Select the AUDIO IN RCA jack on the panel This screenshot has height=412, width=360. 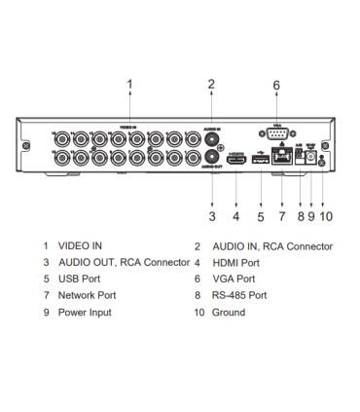click(x=211, y=139)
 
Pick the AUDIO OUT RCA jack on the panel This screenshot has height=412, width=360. click(x=211, y=158)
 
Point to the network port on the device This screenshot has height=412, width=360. click(x=282, y=159)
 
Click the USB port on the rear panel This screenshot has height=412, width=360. click(x=259, y=159)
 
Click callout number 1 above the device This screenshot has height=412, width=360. click(x=129, y=85)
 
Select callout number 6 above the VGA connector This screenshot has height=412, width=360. click(x=275, y=86)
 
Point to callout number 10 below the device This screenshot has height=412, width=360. click(x=326, y=214)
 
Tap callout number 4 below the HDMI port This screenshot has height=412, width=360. click(x=236, y=214)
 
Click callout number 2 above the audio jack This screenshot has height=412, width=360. click(x=211, y=85)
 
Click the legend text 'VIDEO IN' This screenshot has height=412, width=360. click(x=80, y=246)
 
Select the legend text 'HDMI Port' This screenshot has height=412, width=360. click(x=236, y=263)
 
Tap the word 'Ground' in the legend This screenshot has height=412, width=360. click(x=229, y=312)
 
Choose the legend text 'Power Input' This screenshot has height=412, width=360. click(x=85, y=312)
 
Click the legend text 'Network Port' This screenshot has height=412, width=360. click(x=87, y=295)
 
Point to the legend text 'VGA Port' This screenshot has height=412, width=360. click(x=234, y=279)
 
